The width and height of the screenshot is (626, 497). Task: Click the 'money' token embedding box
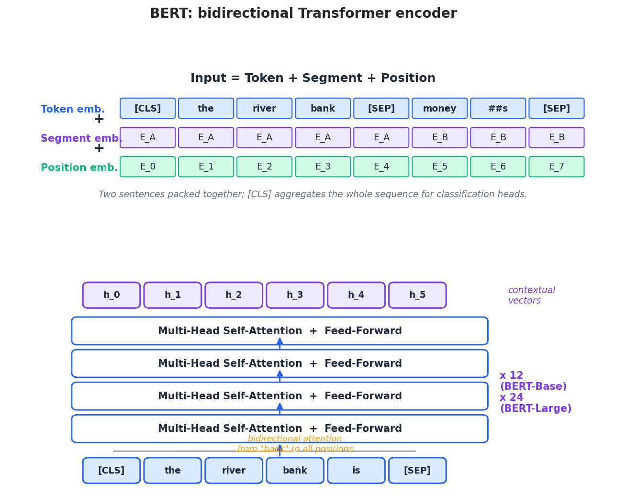(439, 108)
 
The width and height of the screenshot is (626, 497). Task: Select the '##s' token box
(498, 108)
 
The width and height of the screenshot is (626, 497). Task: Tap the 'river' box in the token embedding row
(264, 108)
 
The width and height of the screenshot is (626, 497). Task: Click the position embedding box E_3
(323, 167)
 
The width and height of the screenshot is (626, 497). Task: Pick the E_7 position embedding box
(556, 167)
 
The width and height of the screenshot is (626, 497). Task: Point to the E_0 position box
(147, 167)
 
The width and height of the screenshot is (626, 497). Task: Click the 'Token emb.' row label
(73, 110)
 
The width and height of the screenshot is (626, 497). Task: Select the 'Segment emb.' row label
(81, 139)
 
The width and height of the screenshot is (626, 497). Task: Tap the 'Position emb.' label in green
(79, 168)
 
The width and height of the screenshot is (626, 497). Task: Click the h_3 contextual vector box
(295, 295)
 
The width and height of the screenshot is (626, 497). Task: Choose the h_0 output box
(112, 295)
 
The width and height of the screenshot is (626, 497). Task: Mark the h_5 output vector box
(417, 295)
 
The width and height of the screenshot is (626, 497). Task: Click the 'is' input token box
(356, 470)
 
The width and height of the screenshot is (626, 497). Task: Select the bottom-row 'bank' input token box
(295, 470)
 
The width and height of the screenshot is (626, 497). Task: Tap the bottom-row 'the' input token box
(172, 470)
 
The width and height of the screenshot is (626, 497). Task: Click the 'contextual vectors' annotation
(531, 295)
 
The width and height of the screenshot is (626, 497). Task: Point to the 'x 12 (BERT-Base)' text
(533, 381)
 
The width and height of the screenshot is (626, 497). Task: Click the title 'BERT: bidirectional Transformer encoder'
(303, 14)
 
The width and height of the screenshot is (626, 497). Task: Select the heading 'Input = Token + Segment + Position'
(313, 79)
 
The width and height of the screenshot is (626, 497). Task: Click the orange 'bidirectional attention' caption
(295, 439)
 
